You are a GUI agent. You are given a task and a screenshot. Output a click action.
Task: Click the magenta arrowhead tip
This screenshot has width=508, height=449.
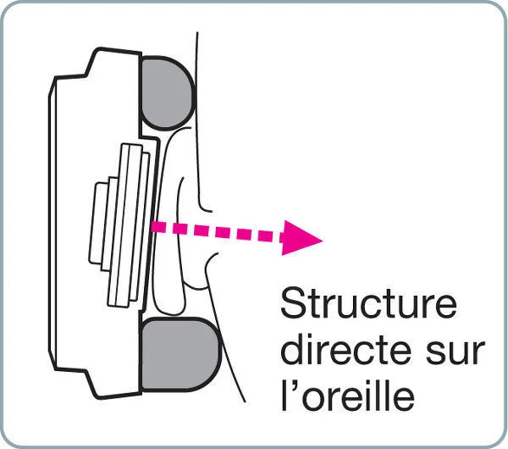[x=323, y=241]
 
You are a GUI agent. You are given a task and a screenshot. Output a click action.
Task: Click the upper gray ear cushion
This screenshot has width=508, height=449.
[x=167, y=92]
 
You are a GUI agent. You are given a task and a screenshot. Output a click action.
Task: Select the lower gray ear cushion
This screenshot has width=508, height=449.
[x=179, y=353]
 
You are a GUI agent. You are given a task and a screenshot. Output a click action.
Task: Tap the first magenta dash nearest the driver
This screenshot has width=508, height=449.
[x=160, y=227]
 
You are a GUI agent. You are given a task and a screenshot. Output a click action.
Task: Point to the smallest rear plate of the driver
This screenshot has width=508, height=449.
[x=98, y=224]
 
